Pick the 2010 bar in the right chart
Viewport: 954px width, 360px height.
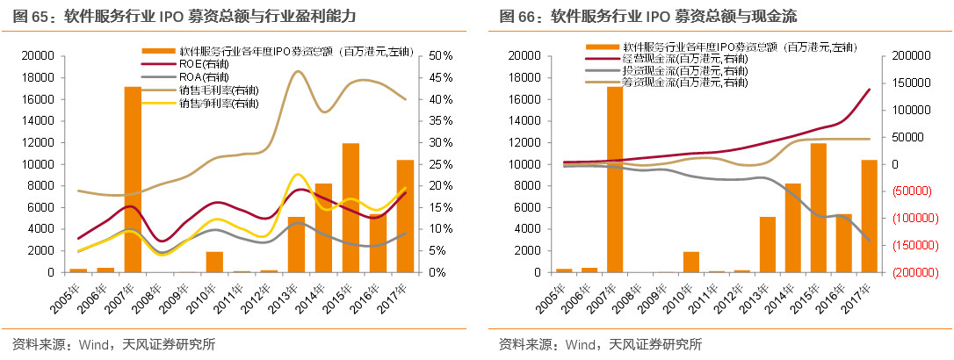coord(691,262)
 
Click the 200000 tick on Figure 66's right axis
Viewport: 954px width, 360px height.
coord(900,55)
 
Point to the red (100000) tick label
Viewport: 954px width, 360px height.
coord(900,219)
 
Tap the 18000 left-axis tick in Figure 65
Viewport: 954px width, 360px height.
coord(39,77)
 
